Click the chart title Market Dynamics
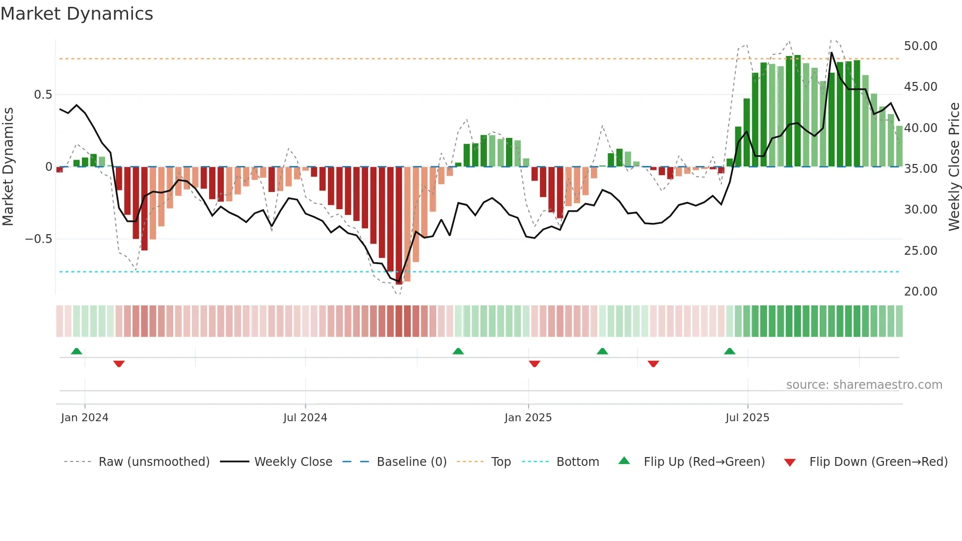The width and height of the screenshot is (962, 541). (x=77, y=14)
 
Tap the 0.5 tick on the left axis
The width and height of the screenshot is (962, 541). (x=43, y=95)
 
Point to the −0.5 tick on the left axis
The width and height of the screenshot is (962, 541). (x=39, y=239)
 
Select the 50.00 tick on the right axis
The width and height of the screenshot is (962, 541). (x=920, y=46)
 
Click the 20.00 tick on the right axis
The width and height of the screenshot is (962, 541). (x=920, y=292)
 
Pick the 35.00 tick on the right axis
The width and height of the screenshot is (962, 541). (x=920, y=169)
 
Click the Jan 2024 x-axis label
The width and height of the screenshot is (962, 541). (x=84, y=418)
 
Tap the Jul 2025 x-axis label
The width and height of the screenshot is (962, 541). (x=747, y=418)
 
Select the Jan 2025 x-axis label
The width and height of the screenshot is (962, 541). (x=528, y=418)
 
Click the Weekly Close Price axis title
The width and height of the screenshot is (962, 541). (x=954, y=167)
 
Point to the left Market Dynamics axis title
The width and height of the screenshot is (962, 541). (x=8, y=167)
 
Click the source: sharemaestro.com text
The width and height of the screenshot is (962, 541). (x=864, y=385)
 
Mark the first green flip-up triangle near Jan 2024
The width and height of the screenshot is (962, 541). (x=77, y=351)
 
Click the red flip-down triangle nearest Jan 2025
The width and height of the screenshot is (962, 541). (x=534, y=364)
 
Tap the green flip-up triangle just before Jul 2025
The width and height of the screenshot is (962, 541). (x=729, y=351)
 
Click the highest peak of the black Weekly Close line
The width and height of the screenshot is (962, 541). (x=831, y=53)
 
